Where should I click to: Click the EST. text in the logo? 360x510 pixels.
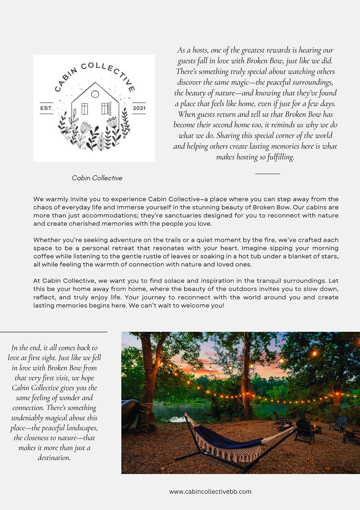(46, 108)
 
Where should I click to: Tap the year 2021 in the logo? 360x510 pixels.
(139, 108)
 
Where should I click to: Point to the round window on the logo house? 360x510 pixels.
(95, 94)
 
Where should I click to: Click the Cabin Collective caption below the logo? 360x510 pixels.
(97, 178)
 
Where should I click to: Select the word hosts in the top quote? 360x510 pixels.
(200, 50)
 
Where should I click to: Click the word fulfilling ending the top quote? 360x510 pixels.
(281, 157)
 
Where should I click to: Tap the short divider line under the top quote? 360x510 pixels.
(268, 174)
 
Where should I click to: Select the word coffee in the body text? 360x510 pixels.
(43, 256)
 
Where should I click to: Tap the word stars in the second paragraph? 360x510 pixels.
(330, 256)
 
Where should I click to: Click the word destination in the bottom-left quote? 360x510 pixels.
(54, 458)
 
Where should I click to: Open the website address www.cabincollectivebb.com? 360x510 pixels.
(210, 491)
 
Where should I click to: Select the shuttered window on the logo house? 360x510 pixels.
(106, 108)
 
